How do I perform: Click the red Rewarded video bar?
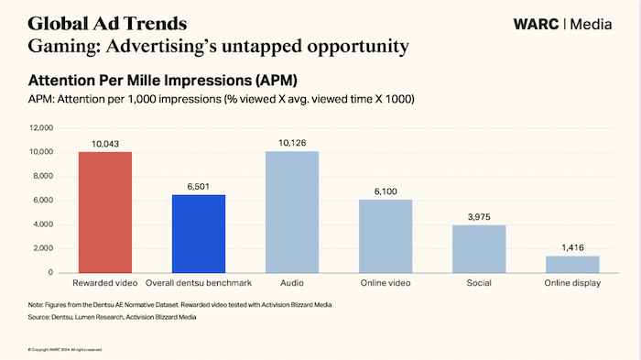pos(104,213)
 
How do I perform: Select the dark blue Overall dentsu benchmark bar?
pos(198,234)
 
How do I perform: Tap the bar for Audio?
pos(291,213)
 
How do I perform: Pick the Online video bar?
pos(385,236)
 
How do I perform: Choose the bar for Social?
pos(479,249)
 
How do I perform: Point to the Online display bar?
pos(572,264)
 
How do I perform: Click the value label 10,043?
pos(104,144)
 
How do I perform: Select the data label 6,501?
pos(198,187)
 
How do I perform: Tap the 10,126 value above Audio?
pos(291,143)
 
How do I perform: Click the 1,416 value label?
pos(572,247)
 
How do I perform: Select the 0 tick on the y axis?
pos(50,273)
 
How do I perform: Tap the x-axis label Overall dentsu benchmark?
pos(198,284)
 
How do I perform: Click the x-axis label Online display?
pos(572,284)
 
